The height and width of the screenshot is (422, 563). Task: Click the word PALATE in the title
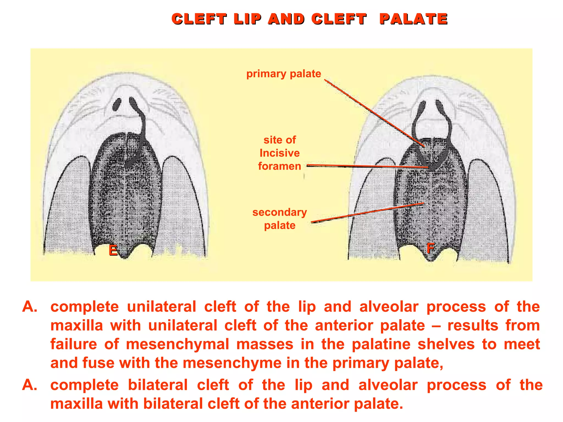click(x=413, y=19)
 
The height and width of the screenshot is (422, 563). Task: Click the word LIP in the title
click(x=247, y=19)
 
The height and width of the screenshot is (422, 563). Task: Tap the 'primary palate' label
click(x=283, y=74)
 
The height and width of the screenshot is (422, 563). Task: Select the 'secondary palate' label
click(x=280, y=219)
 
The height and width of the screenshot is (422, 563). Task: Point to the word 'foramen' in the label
click(x=280, y=166)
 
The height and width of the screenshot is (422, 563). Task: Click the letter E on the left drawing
click(x=113, y=250)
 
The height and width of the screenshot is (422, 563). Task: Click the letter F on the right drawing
click(x=430, y=248)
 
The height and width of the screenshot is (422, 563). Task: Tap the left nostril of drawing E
click(x=117, y=104)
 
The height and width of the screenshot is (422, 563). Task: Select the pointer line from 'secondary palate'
click(x=367, y=212)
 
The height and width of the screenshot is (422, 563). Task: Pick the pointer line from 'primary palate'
click(x=374, y=113)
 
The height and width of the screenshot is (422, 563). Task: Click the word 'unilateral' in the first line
click(x=162, y=307)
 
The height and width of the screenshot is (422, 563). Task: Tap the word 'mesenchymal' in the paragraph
click(x=178, y=344)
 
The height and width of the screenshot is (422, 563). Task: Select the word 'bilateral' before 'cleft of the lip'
click(x=158, y=385)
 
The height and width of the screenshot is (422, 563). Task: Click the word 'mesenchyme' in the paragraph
click(x=232, y=363)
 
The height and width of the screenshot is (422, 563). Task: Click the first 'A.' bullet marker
click(x=30, y=307)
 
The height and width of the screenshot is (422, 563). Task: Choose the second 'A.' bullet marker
click(x=30, y=385)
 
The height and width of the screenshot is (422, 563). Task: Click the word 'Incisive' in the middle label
click(x=280, y=153)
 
